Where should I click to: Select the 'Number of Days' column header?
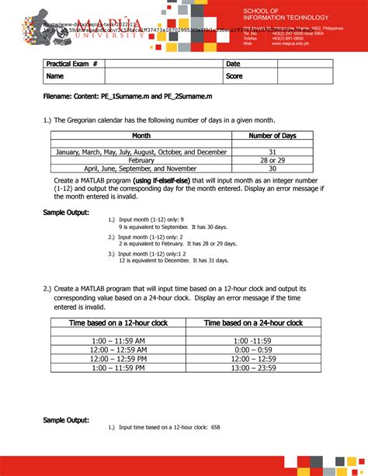[273, 136]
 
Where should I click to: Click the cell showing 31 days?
[273, 152]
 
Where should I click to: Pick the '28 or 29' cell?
[273, 160]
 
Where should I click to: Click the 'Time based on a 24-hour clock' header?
[253, 322]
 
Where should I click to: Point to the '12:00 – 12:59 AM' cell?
[119, 349]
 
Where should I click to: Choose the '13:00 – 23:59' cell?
[253, 368]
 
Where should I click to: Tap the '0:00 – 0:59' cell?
[253, 349]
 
